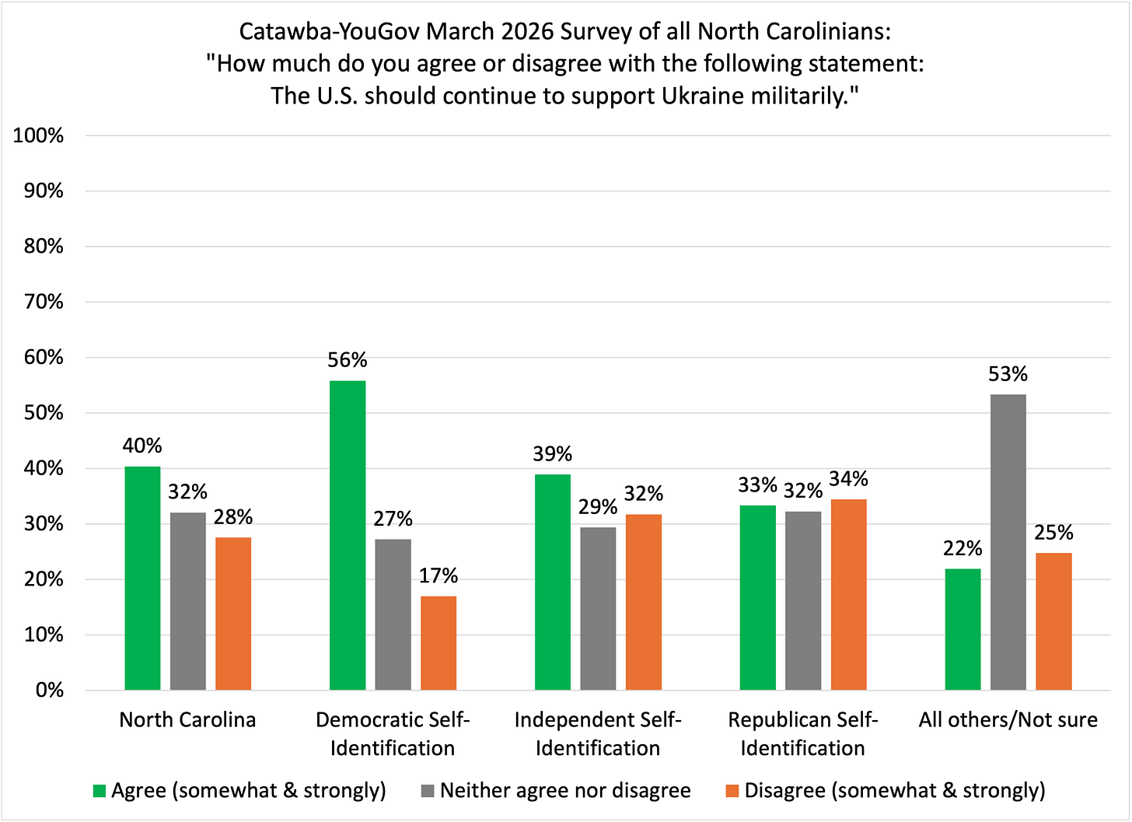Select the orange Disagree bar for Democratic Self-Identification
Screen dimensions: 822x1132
[438, 643]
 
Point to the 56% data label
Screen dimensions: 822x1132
[347, 360]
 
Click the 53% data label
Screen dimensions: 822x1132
[1008, 374]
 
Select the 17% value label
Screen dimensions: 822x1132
[438, 575]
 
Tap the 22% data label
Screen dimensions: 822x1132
[963, 548]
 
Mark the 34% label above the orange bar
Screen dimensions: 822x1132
[848, 478]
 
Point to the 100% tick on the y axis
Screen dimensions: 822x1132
[38, 135]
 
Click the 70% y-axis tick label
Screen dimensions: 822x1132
[43, 302]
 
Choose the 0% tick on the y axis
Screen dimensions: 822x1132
[48, 690]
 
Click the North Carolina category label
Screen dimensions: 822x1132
[187, 719]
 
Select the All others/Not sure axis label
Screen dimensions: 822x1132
[1008, 719]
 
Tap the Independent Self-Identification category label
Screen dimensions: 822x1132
[598, 733]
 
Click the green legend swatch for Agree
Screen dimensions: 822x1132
[99, 791]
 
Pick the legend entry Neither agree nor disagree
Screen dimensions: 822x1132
[565, 790]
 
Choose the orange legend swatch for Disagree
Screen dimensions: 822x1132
[732, 791]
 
